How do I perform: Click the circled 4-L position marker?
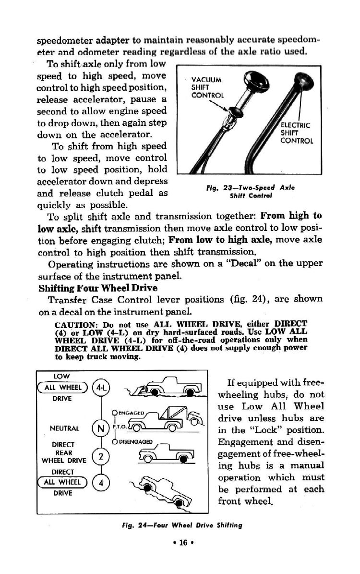(x=102, y=386)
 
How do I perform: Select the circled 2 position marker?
(x=101, y=456)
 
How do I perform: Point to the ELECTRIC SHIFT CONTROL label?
(x=296, y=134)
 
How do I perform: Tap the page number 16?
(x=180, y=544)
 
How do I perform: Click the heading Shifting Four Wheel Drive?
(x=98, y=288)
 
